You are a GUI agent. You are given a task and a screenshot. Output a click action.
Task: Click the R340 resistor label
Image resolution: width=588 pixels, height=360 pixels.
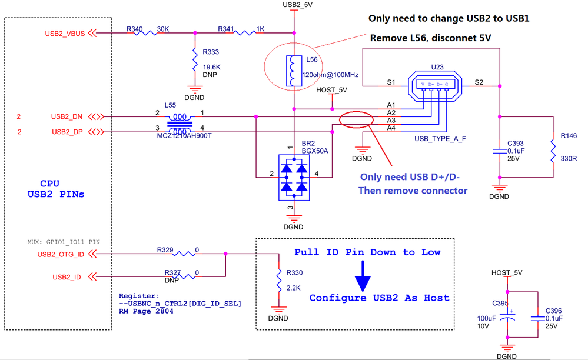click(134, 28)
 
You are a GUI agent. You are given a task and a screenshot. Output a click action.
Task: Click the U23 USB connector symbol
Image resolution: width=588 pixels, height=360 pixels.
click(434, 85)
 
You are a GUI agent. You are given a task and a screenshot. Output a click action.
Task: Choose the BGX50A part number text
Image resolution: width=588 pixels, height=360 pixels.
click(314, 151)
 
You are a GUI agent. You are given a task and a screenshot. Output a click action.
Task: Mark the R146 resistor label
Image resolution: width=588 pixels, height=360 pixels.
click(569, 136)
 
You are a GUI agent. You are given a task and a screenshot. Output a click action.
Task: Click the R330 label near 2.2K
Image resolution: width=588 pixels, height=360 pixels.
click(295, 273)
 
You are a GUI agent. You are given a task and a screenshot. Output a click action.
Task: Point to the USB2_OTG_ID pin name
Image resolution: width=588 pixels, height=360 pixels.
click(59, 254)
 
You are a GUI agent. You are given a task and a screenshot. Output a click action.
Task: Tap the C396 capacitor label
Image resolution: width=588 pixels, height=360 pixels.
click(554, 310)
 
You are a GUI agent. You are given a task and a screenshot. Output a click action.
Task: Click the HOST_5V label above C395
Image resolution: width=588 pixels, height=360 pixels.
click(507, 273)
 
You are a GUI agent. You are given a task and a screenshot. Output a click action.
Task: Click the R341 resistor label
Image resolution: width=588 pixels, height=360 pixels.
click(226, 28)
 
